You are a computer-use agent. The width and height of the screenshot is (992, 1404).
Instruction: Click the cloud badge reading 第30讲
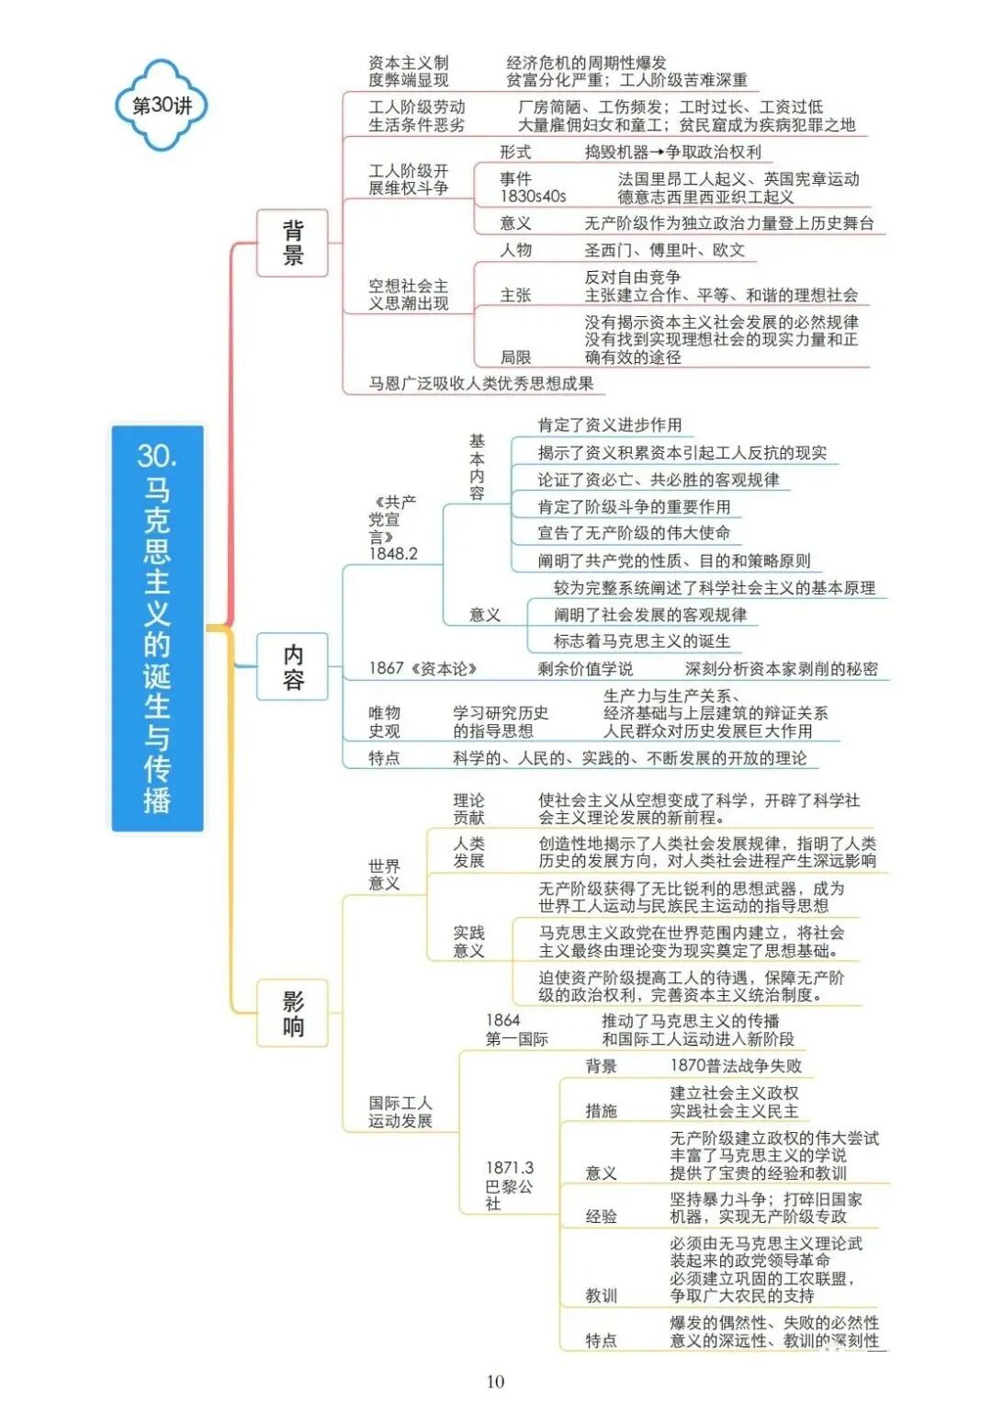(162, 105)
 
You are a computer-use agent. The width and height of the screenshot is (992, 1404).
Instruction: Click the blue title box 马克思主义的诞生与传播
(157, 628)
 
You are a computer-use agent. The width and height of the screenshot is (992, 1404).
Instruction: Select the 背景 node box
(292, 243)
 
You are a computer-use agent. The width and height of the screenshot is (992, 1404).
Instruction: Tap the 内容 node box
(292, 666)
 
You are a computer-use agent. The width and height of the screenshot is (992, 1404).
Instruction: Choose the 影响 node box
(292, 1013)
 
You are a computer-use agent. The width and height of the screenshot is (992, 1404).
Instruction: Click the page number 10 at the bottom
(495, 1381)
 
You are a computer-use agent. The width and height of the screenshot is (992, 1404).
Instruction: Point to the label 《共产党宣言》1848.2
(393, 527)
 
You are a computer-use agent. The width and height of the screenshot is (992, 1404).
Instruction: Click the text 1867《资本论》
(423, 668)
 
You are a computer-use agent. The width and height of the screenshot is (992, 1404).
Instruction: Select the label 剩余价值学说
(585, 668)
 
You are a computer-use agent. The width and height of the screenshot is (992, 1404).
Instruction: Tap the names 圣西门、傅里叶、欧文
(664, 250)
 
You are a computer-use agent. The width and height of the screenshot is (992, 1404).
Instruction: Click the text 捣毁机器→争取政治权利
(672, 152)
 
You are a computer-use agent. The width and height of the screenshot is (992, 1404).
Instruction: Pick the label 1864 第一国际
(516, 1029)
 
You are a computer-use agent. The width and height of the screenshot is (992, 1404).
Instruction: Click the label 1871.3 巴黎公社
(509, 1185)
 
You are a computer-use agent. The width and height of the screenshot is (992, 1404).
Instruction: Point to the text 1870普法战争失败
(736, 1065)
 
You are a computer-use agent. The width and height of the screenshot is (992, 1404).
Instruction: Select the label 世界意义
(384, 874)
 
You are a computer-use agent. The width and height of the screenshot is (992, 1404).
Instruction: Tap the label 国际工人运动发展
(400, 1111)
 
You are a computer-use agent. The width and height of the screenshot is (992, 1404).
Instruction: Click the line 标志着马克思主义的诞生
(641, 640)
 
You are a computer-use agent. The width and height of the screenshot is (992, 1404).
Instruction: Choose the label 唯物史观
(384, 721)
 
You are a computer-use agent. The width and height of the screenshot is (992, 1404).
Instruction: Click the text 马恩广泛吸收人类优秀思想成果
(480, 383)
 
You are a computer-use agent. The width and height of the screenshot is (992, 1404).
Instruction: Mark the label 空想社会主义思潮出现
(408, 294)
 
